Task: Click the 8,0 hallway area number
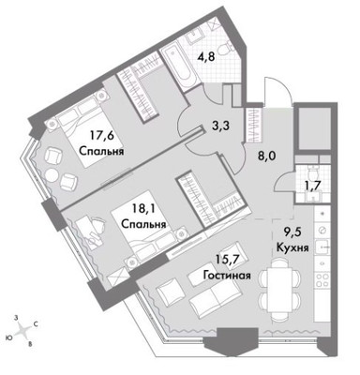click(x=265, y=158)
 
